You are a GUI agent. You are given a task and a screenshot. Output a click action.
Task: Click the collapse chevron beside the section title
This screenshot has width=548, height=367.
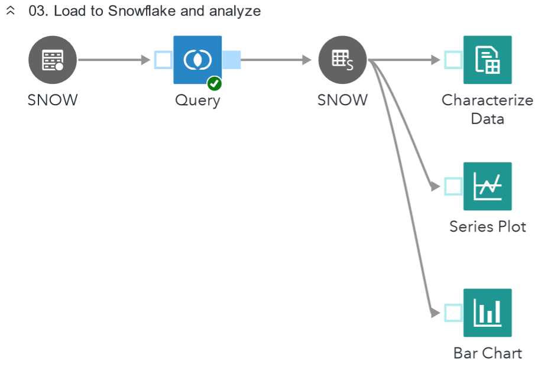(x=11, y=11)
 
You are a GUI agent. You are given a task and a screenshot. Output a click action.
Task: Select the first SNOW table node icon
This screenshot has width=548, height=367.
(x=53, y=60)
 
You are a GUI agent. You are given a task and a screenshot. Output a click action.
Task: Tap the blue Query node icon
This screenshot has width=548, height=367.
(x=197, y=60)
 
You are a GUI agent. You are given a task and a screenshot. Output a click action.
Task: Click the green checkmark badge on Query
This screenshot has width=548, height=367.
(x=214, y=84)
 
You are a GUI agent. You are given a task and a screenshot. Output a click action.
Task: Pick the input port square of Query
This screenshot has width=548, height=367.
(x=163, y=60)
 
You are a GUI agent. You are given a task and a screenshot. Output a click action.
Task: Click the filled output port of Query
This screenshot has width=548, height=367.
(x=231, y=60)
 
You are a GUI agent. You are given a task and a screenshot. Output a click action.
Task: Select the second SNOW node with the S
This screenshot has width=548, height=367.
(x=342, y=60)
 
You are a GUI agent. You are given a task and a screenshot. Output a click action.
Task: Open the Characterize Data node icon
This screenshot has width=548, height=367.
(x=488, y=60)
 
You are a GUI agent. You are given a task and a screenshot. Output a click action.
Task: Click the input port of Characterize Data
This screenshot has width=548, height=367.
(x=453, y=60)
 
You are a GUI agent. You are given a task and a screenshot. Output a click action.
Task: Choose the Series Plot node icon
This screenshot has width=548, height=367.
(x=488, y=186)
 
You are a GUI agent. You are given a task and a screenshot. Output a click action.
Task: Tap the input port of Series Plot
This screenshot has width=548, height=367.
(x=453, y=186)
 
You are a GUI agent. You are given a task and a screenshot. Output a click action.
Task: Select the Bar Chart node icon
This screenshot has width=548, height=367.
(x=488, y=313)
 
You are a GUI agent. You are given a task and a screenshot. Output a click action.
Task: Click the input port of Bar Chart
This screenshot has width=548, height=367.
(x=453, y=313)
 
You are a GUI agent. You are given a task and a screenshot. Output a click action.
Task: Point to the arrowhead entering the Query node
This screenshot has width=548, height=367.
(x=146, y=60)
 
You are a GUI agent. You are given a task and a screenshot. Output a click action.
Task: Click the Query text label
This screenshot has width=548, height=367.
(x=197, y=100)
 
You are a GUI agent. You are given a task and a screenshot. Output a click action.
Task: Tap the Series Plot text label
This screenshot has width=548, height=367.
(x=488, y=226)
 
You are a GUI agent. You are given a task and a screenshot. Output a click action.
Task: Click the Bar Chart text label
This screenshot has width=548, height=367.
(x=488, y=353)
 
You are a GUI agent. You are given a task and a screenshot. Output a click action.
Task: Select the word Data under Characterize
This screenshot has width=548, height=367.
(x=488, y=119)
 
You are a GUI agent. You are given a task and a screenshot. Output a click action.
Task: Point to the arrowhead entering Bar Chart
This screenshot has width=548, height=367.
(x=436, y=313)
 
